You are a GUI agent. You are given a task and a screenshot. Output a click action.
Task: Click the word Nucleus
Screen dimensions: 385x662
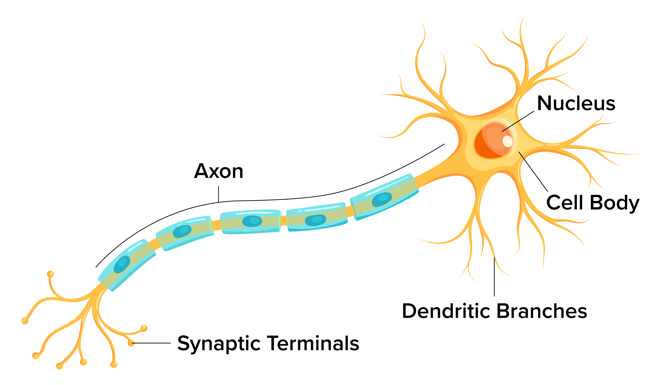click(576, 103)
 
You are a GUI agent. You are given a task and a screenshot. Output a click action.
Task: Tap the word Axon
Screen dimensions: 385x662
click(219, 171)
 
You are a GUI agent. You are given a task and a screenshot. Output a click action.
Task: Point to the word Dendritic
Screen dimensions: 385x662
click(446, 311)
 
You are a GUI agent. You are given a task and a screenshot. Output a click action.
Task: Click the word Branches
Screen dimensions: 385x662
click(542, 311)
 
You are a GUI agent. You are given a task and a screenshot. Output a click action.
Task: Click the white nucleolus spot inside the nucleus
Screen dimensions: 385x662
click(507, 141)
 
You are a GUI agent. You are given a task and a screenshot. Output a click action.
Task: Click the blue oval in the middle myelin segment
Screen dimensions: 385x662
click(252, 221)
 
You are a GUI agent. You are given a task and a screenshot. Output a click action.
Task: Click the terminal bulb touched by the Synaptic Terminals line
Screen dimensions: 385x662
click(131, 343)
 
